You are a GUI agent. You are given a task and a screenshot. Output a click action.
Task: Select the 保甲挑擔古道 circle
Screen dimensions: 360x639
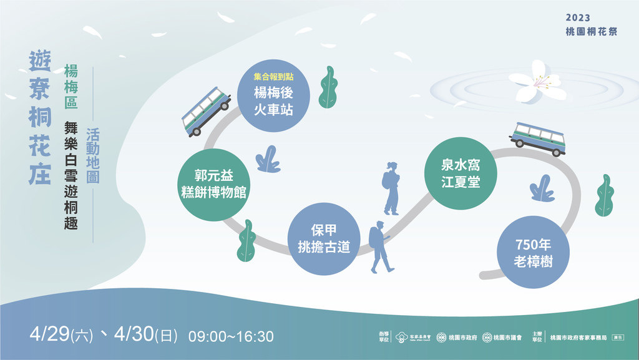coord(325,238)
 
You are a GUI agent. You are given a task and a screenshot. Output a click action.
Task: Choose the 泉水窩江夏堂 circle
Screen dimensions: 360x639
coord(461,173)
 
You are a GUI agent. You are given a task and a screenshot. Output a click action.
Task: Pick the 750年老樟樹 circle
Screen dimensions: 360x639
coord(534,252)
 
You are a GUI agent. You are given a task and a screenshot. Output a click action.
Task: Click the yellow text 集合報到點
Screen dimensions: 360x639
coord(273,77)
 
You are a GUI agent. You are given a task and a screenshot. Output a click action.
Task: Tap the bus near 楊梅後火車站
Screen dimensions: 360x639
coord(207,111)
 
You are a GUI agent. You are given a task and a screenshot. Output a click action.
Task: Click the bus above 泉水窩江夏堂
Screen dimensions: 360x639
coord(538,138)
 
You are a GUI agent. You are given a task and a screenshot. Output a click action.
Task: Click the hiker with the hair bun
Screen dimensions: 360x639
coord(391,188)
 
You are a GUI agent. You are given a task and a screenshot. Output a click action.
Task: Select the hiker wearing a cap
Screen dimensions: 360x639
coord(379,246)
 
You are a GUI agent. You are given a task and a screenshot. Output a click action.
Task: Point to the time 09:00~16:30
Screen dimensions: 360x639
coord(231,337)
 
